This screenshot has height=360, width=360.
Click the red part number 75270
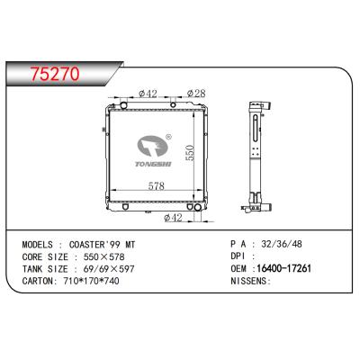55,74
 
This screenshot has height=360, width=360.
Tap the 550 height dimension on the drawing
190,153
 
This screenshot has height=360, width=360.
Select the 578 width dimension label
157,186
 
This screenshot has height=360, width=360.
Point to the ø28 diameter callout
196,94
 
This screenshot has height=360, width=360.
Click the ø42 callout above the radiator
148,94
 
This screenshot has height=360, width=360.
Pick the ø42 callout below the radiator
173,217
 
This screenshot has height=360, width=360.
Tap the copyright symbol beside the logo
168,137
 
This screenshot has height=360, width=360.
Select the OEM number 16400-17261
283,268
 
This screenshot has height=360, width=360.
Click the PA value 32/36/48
282,244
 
